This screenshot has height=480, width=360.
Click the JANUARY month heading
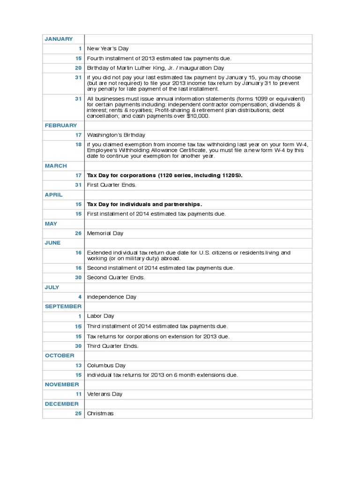click(59, 39)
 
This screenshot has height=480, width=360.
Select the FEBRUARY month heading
click(61, 125)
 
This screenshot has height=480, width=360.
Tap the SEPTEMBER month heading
click(63, 306)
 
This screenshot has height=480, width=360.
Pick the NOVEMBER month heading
click(61, 384)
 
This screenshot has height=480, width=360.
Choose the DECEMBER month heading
click(61, 404)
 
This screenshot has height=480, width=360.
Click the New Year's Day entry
click(108, 48)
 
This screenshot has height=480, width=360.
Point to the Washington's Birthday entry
click(116, 135)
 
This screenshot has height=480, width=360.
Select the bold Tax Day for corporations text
click(165, 175)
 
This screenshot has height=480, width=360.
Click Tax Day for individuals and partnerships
click(144, 204)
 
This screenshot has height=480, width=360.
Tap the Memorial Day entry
click(105, 233)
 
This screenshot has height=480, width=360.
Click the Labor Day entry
click(101, 316)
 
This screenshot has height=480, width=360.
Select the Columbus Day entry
click(106, 365)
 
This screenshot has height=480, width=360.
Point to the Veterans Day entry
click(105, 394)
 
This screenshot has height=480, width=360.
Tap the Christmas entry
click(100, 413)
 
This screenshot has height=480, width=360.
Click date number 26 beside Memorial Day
click(78, 233)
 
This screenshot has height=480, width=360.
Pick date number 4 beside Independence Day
click(80, 297)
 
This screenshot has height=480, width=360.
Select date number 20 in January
click(78, 68)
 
